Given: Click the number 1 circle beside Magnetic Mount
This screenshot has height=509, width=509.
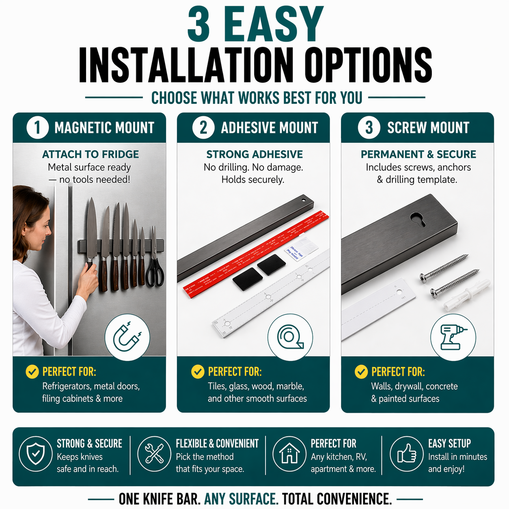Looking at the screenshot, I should click(x=37, y=127).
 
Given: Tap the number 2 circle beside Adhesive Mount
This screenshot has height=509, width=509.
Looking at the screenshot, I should click(x=203, y=127).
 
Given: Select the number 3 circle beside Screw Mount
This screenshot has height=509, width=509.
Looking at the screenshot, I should click(x=369, y=127).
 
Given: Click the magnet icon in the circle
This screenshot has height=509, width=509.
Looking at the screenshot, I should click(x=127, y=337).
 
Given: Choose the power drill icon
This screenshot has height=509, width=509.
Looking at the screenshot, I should click(x=453, y=337).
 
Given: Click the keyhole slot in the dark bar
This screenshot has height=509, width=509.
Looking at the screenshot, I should click(x=418, y=219).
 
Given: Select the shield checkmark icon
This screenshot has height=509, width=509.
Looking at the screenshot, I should click(x=36, y=454).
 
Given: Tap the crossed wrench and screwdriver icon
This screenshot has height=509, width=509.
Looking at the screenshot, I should click(x=154, y=454).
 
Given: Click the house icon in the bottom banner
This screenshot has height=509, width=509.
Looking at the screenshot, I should click(x=289, y=454).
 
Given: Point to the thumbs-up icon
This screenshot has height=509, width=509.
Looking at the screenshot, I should click(x=407, y=454).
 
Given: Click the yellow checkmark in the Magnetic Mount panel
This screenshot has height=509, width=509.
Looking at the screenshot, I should click(x=32, y=371).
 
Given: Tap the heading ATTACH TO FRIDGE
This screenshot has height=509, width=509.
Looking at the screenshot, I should click(x=90, y=154).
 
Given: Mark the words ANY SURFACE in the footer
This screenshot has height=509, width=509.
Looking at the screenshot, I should click(x=241, y=499).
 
